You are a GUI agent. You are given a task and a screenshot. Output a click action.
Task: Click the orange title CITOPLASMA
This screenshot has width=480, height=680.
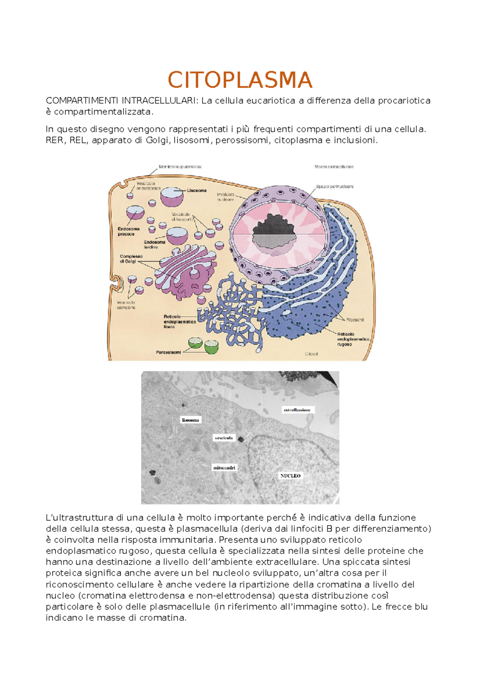(240, 80)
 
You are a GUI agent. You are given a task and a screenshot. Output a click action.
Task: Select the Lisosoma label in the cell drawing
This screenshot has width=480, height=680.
(196, 191)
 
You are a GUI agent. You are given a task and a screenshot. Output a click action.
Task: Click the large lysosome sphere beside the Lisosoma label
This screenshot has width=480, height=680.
(172, 196)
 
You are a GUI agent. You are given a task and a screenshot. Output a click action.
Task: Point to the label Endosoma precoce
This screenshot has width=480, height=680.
(128, 231)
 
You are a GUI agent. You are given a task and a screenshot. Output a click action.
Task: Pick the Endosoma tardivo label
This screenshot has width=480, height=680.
(154, 245)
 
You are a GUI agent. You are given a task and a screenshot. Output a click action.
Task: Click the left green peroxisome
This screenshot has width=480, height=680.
(195, 342)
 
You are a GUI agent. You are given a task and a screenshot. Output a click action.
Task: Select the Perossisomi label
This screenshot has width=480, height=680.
(168, 352)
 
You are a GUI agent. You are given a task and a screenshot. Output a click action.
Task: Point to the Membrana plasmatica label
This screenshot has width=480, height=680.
(180, 167)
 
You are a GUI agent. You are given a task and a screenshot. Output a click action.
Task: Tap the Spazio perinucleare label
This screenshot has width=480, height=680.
(334, 187)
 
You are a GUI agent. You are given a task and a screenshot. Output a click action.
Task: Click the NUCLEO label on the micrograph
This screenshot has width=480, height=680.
(290, 476)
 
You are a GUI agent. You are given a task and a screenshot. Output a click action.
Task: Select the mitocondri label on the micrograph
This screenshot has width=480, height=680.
(224, 467)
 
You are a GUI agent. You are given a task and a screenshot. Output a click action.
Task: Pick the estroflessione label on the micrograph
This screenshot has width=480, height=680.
(297, 410)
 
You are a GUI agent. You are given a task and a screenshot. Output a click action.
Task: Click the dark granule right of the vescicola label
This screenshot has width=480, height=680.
(241, 439)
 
